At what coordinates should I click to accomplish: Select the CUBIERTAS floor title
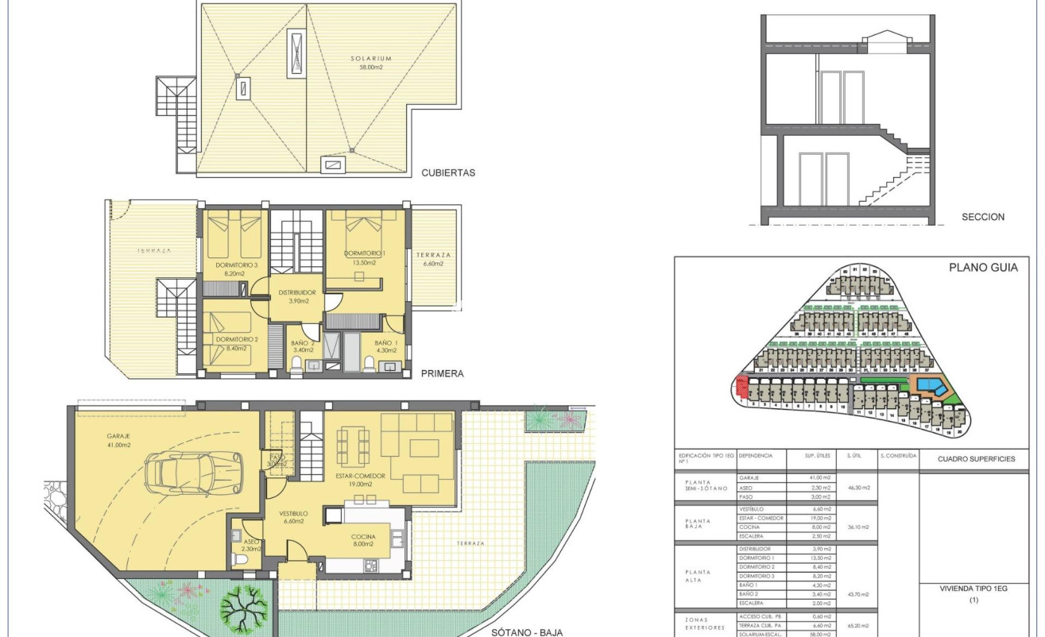point(448,172)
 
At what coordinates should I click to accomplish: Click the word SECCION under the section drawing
point(983,217)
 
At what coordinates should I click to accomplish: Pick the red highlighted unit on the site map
point(742,387)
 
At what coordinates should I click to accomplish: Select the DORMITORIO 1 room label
point(365,257)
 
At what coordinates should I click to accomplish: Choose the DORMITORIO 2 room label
point(236,343)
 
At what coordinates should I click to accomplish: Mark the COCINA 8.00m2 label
point(365,541)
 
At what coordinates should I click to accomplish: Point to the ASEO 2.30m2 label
point(251,544)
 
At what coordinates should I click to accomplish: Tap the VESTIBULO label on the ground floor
point(292,517)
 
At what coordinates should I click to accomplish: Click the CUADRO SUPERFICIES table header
point(976,458)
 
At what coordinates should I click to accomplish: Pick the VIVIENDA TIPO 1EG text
point(973,589)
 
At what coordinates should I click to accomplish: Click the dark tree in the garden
point(242,608)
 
